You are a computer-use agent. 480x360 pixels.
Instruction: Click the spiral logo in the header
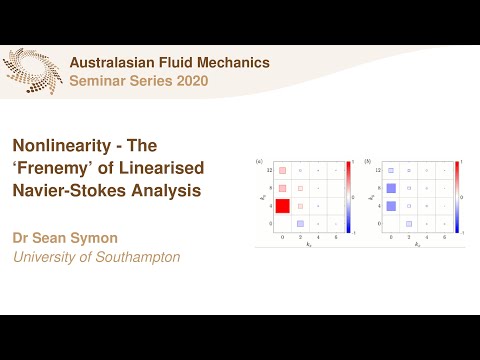tap(32, 71)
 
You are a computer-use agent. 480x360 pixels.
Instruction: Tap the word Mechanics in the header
tap(233, 62)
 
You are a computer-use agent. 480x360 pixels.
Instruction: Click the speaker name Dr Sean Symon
tap(60, 239)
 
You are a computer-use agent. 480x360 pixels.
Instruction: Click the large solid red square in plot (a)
tap(283, 206)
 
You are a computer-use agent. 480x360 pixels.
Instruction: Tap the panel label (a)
tap(260, 160)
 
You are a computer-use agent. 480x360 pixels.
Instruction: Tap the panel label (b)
tap(369, 160)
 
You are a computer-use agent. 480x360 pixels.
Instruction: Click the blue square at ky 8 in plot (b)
tap(392, 188)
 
